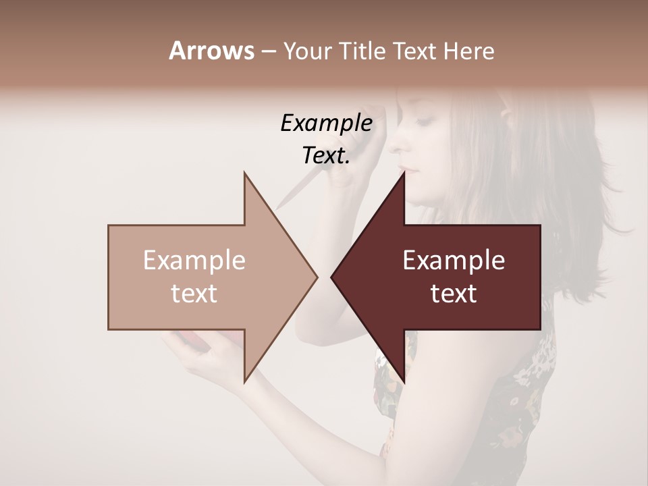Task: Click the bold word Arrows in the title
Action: [211, 51]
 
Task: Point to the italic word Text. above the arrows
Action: [326, 156]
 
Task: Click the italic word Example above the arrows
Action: [326, 124]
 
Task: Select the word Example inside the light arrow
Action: [194, 261]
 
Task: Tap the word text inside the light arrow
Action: [194, 294]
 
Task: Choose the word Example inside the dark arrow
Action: [454, 261]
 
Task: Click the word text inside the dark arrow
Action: [454, 294]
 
